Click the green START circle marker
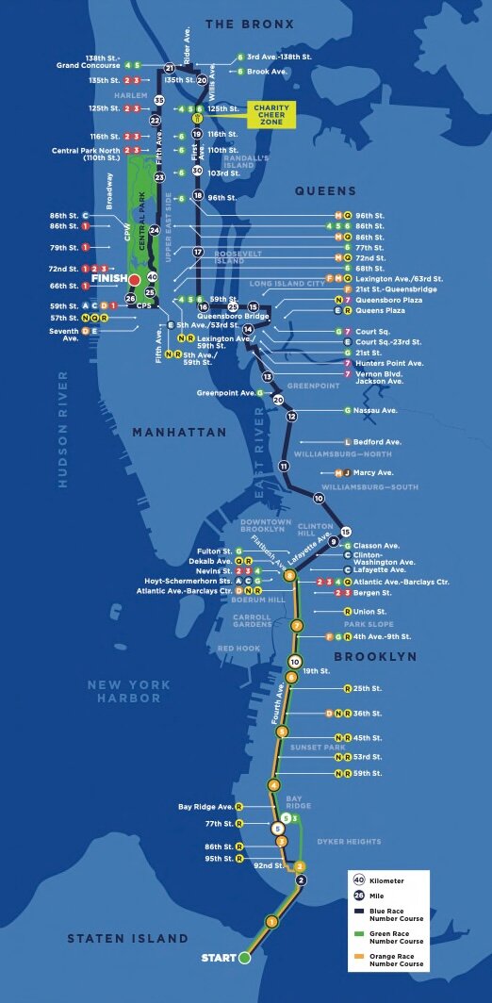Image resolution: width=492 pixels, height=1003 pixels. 244,958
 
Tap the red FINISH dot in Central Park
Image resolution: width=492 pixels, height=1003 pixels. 135,280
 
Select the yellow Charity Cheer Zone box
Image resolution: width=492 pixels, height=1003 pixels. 271,115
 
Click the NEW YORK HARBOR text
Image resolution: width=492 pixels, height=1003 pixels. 130,691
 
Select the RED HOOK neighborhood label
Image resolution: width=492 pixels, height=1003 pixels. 238,649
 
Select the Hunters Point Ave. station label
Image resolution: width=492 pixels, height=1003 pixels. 389,363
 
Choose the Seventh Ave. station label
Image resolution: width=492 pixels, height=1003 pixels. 64,335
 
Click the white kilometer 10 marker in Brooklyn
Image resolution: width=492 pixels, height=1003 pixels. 295,662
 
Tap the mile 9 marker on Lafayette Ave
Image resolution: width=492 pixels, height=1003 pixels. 333,540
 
